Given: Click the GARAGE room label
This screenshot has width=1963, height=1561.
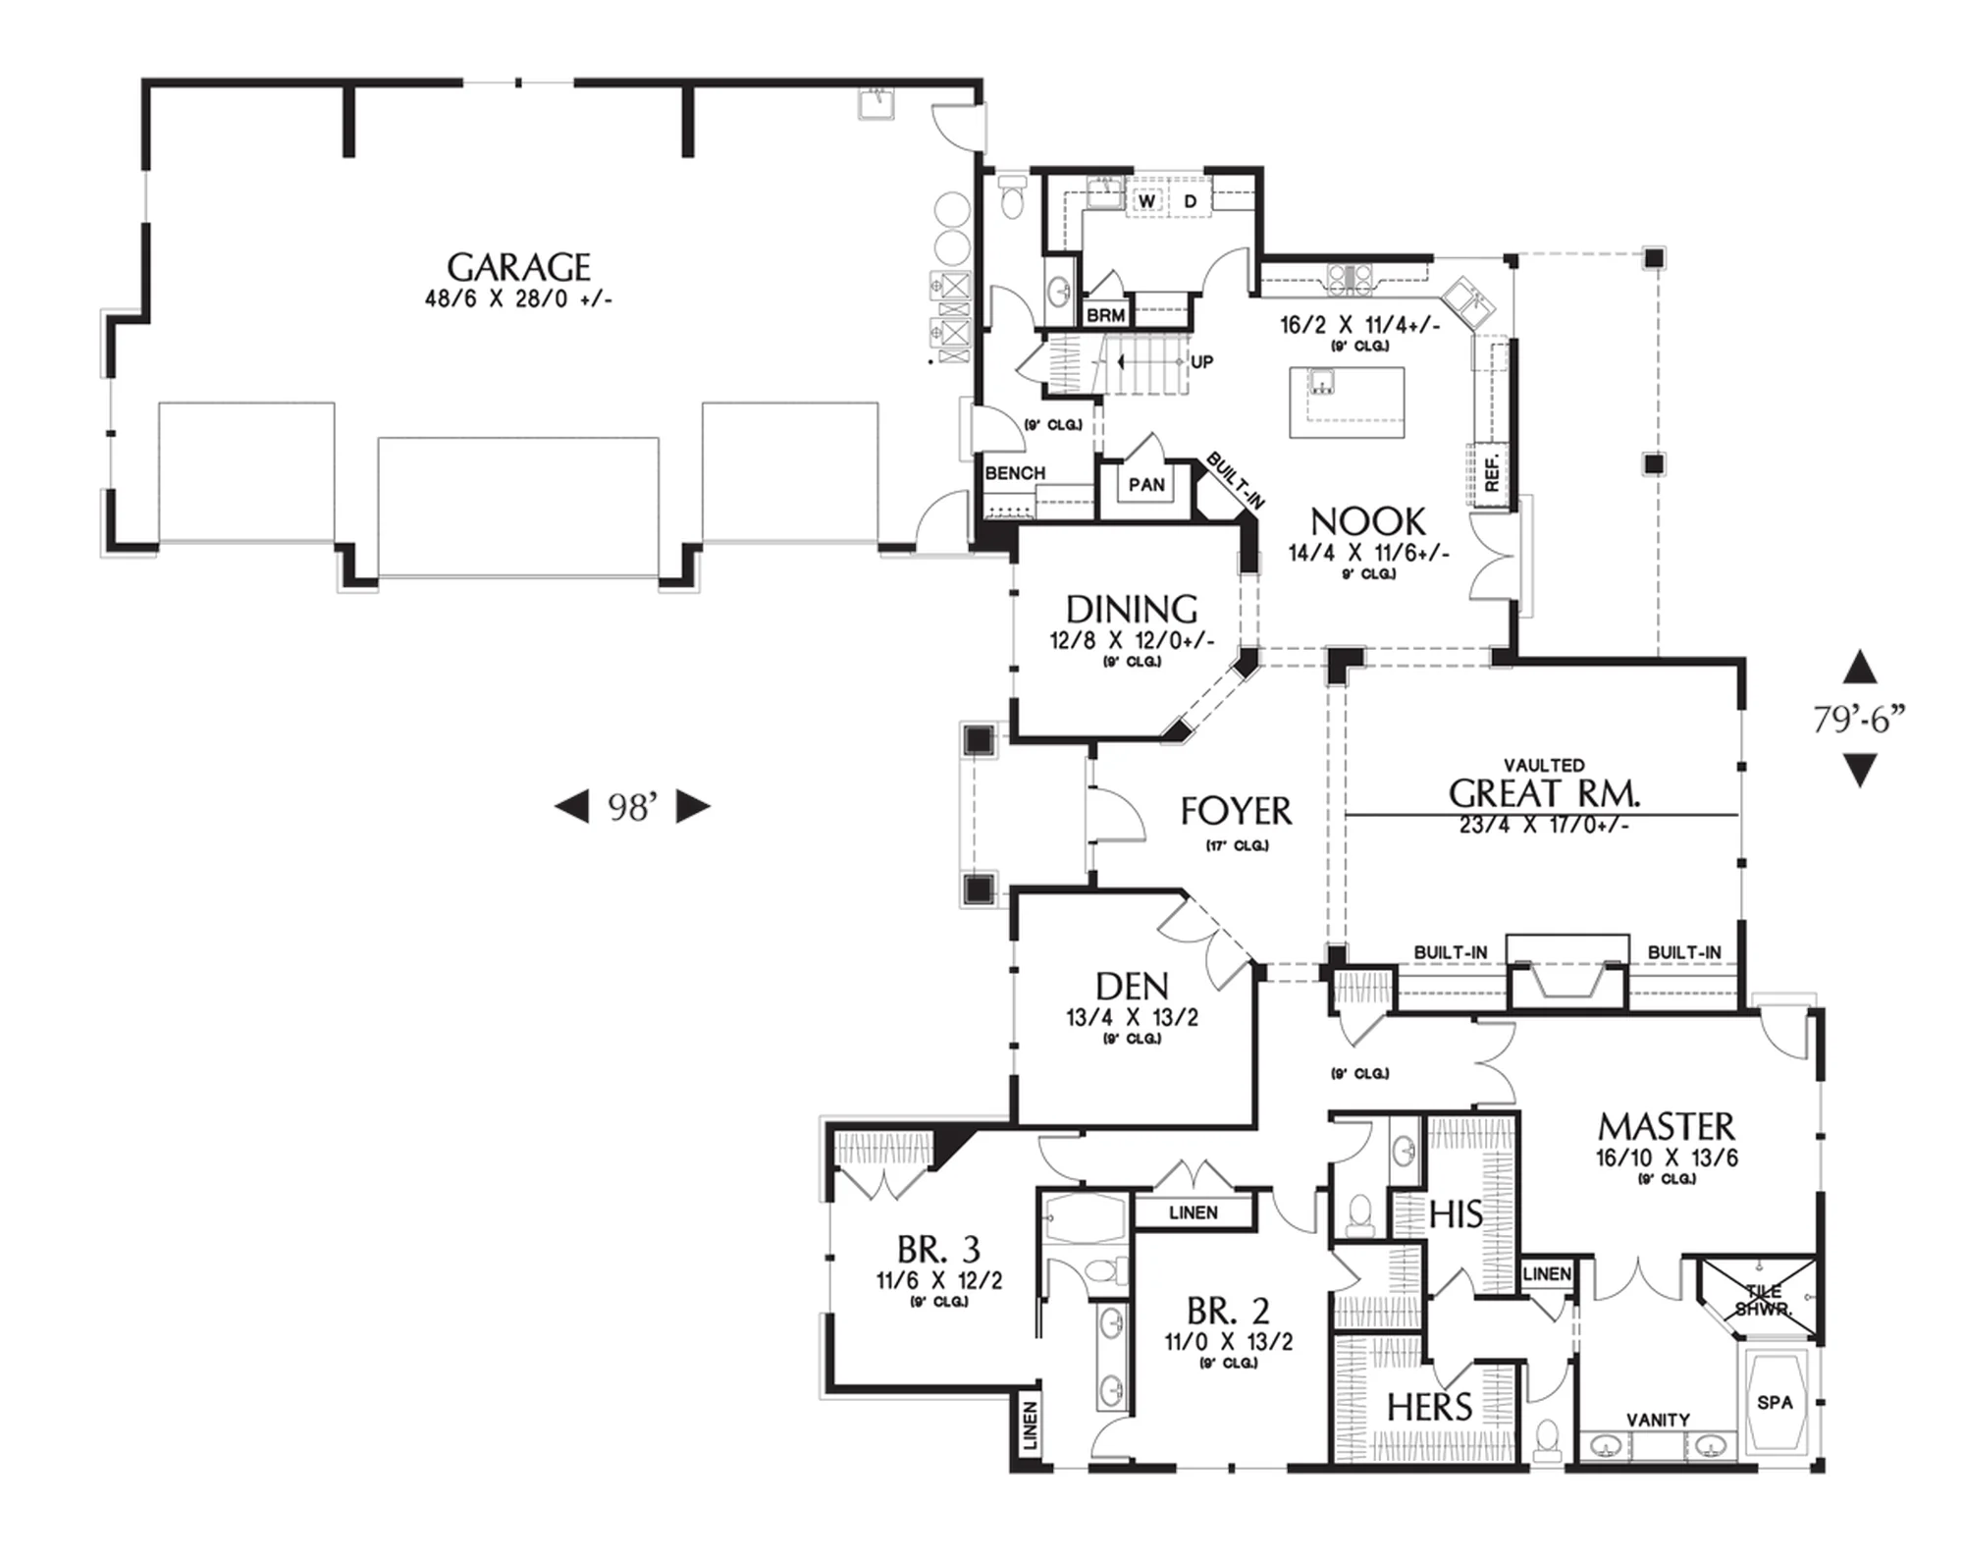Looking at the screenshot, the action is tap(518, 267).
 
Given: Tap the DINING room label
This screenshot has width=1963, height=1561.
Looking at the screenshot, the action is tap(1132, 610).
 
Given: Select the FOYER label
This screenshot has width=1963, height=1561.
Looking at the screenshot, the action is tap(1236, 811).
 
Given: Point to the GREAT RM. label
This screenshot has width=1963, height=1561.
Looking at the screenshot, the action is tap(1544, 793).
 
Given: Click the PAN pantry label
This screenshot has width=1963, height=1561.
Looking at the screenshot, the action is tap(1146, 484).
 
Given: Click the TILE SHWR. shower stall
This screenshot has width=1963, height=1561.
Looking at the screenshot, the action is tap(1758, 1297).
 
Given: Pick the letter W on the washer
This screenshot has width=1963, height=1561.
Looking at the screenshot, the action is tap(1146, 201).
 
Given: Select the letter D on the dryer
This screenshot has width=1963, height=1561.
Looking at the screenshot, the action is tap(1191, 201).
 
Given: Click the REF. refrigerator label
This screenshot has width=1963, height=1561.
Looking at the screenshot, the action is tap(1492, 473).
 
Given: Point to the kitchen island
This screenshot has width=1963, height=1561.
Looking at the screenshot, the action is tap(1347, 403).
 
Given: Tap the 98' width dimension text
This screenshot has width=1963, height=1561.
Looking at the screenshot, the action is tap(631, 807).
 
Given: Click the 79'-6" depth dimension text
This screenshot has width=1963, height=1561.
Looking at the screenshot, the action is tap(1858, 720).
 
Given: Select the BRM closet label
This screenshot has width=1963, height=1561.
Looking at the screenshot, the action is tap(1106, 316).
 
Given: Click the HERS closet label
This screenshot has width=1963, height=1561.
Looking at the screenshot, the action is tap(1429, 1408).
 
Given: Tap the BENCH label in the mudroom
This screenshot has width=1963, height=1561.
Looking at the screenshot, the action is tap(1015, 473).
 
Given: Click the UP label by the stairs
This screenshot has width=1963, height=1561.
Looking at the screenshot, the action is tap(1202, 362).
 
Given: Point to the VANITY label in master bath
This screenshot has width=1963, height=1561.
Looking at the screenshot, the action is tap(1658, 1420).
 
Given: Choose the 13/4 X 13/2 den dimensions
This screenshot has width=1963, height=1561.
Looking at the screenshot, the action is tap(1132, 1017).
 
